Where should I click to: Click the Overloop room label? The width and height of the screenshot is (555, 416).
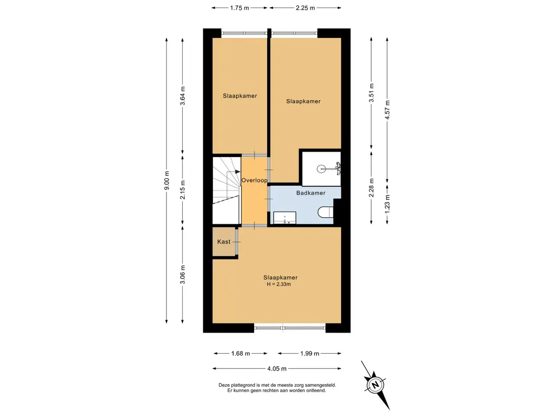tap(254, 180)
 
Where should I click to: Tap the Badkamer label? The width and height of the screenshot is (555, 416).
tap(311, 193)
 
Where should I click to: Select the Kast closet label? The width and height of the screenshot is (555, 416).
tap(224, 242)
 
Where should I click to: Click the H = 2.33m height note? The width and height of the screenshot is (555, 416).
tap(279, 284)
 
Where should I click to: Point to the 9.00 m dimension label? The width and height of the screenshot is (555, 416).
tap(167, 180)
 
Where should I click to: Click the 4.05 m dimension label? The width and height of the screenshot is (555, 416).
tap(277, 368)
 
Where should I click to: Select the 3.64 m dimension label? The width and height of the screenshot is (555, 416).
tap(183, 96)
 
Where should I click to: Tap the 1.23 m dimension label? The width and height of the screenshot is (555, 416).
tap(387, 204)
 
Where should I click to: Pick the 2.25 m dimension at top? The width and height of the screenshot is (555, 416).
tap(305, 8)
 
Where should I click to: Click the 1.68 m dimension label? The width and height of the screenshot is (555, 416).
tap(240, 353)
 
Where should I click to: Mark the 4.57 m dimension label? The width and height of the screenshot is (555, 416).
tap(387, 109)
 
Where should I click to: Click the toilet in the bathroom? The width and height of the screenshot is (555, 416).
tap(325, 212)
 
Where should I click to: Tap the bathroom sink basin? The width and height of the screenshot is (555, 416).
tap(285, 218)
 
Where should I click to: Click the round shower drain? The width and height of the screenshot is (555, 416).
tap(321, 169)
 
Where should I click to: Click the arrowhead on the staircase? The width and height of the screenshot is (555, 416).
tap(237, 172)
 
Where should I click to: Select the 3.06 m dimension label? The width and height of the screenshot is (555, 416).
tap(183, 275)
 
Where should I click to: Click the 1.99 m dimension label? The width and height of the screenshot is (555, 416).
tap(309, 353)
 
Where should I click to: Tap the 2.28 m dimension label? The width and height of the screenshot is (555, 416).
tap(371, 188)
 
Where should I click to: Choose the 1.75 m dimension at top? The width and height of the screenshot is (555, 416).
tap(240, 8)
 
